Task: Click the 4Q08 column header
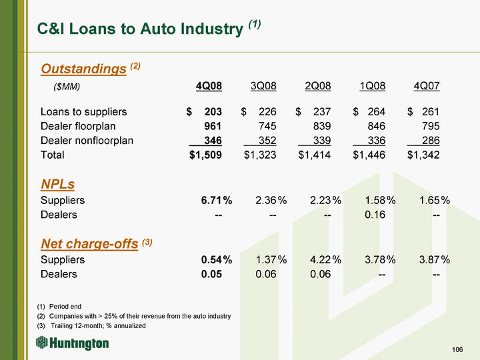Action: [x=209, y=86]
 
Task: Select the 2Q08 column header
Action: [x=318, y=86]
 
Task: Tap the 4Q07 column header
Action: [x=427, y=86]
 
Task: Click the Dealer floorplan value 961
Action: [x=213, y=126]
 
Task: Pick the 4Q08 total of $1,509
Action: [x=205, y=155]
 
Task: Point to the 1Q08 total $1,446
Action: [x=369, y=155]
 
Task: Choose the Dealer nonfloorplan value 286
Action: [x=431, y=141]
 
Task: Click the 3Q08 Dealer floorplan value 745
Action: [x=267, y=126]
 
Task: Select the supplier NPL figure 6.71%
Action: [x=217, y=200]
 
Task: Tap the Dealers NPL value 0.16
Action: [x=375, y=215]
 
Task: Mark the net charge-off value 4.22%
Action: [x=325, y=259]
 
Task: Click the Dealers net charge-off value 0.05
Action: [x=211, y=274]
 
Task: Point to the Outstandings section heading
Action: [x=83, y=69]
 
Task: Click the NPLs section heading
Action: [x=58, y=184]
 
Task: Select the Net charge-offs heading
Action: [x=89, y=244]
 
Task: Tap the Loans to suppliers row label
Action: [x=83, y=112]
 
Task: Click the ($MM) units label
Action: [x=67, y=87]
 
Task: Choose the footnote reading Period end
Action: [x=65, y=307]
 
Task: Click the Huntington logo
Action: [x=73, y=343]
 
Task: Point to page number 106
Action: [x=457, y=349]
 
